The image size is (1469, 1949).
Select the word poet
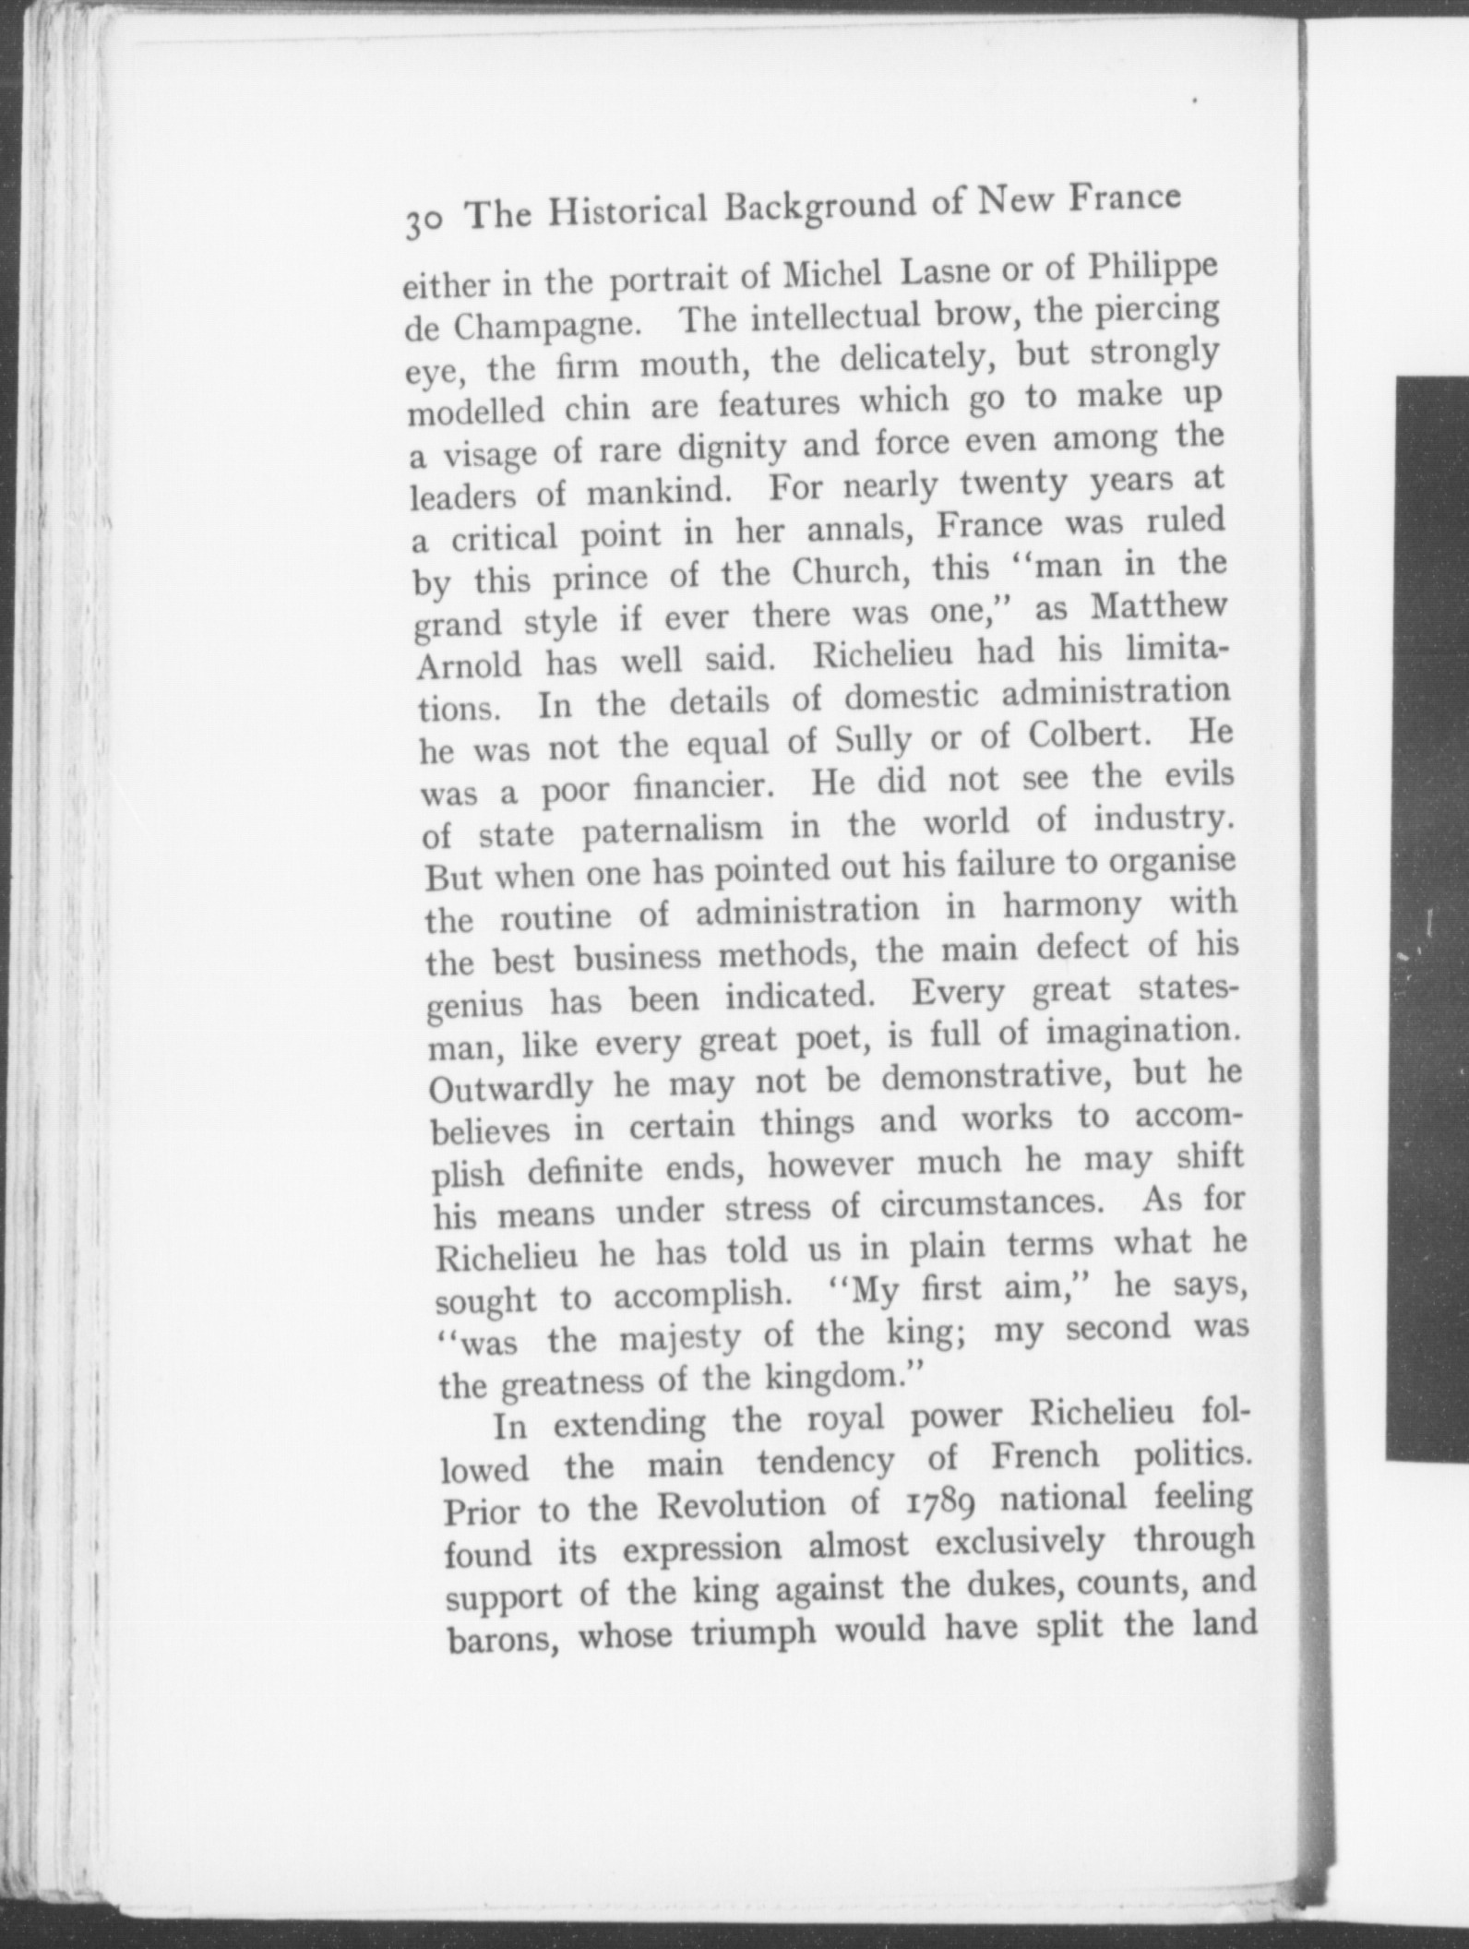click(835, 1039)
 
